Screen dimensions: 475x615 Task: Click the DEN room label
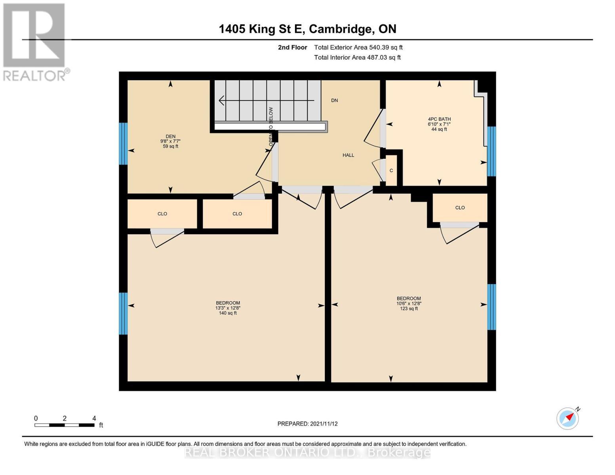[170, 137]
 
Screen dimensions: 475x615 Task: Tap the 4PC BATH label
[439, 119]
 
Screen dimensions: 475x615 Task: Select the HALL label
[348, 155]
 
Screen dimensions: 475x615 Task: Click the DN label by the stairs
[335, 101]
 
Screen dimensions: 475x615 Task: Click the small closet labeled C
[391, 171]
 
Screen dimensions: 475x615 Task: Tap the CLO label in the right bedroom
[460, 207]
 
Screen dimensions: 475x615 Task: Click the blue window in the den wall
[123, 143]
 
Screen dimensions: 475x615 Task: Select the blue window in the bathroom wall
[491, 151]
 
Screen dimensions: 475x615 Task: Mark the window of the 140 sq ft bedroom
[123, 313]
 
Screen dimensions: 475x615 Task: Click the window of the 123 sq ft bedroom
[491, 307]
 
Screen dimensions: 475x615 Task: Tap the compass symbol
[567, 418]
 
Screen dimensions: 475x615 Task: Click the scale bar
[64, 425]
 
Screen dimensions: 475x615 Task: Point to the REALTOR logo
[35, 42]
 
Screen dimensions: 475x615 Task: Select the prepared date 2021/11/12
[307, 424]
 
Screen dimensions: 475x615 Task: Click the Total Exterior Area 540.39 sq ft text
[358, 47]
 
